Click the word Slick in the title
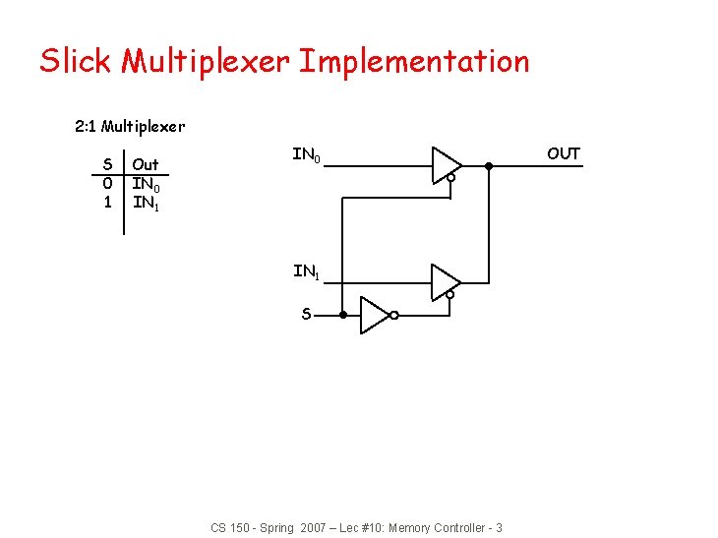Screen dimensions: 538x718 click(75, 61)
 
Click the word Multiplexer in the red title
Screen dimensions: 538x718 click(205, 61)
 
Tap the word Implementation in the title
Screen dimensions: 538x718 click(414, 61)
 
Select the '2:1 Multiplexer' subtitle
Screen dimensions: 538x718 click(130, 126)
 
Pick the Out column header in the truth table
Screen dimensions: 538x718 click(146, 164)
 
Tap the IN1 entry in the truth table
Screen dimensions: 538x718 click(146, 204)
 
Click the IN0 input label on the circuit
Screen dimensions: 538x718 click(306, 155)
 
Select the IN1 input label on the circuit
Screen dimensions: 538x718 click(306, 271)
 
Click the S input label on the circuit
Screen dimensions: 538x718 click(307, 315)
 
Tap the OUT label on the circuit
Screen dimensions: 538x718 click(564, 153)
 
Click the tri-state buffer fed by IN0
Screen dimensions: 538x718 click(446, 165)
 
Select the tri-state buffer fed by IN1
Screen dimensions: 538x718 click(446, 281)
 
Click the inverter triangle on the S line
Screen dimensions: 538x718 click(375, 315)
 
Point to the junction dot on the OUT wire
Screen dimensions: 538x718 click(489, 165)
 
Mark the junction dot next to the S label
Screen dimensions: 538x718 click(342, 315)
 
